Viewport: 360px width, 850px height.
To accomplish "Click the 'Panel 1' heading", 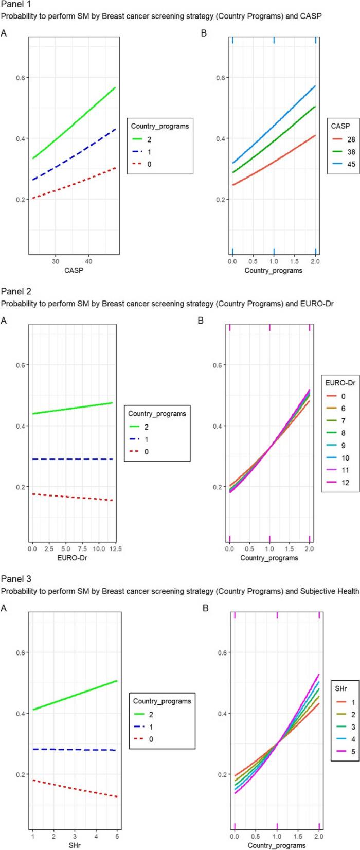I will tap(15, 5).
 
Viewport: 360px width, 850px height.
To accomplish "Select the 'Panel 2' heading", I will tap(15, 292).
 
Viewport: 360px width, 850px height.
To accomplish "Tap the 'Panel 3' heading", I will tap(15, 579).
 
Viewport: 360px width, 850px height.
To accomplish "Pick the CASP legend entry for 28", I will tap(346, 139).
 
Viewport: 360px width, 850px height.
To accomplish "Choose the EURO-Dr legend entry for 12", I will tap(346, 483).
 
